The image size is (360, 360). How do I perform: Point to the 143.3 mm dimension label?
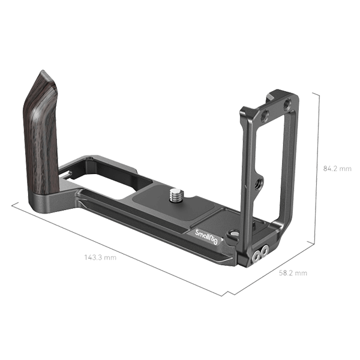pyautogui.click(x=100, y=257)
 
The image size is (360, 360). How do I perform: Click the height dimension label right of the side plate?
pyautogui.click(x=337, y=169)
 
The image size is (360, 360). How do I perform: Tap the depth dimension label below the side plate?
pyautogui.click(x=293, y=273)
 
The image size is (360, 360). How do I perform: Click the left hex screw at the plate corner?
pyautogui.click(x=254, y=256)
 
